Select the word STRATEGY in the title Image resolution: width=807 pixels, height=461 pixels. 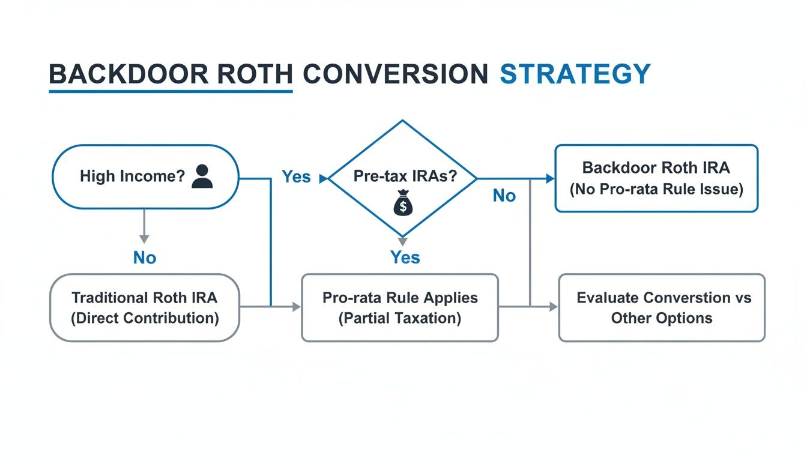click(x=575, y=74)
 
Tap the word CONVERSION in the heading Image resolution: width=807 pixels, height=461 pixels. click(x=395, y=74)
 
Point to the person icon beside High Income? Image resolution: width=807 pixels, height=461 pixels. click(x=202, y=176)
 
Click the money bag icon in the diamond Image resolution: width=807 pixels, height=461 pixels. click(x=402, y=206)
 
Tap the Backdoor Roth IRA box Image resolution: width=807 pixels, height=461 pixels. click(x=656, y=178)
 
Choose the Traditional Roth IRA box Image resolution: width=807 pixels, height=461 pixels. click(x=144, y=307)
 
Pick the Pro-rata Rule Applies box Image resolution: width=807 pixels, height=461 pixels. click(x=400, y=307)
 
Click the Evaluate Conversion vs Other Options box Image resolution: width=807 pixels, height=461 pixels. click(x=662, y=307)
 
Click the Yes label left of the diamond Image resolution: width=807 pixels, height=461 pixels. click(x=296, y=176)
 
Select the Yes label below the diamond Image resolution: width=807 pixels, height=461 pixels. click(x=405, y=257)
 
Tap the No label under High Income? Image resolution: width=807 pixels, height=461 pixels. click(x=144, y=258)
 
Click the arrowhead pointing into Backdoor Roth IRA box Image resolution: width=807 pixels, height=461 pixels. click(x=549, y=178)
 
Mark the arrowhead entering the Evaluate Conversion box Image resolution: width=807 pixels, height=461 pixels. click(x=554, y=307)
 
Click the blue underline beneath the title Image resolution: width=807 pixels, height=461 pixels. click(x=171, y=92)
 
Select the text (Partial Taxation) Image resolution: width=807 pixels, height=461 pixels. click(x=400, y=318)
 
